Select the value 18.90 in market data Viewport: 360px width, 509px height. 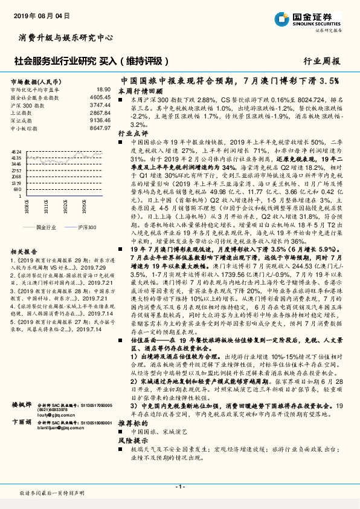coord(103,89)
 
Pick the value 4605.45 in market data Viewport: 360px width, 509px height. coord(100,97)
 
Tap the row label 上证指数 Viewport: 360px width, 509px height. coord(21,112)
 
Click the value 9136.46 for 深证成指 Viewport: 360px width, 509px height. coord(100,120)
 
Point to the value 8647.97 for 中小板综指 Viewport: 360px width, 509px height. coord(100,128)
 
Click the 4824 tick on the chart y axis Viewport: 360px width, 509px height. coord(16,152)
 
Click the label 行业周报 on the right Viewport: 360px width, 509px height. coord(322,61)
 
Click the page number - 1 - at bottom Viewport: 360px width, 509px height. coord(180,487)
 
